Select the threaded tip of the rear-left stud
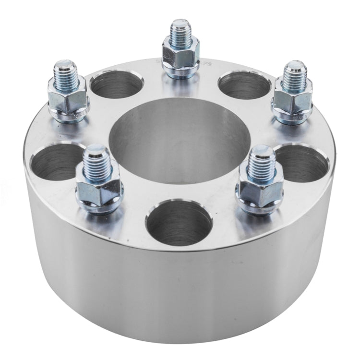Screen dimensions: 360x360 click(67, 73)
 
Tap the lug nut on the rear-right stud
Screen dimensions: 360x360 click(292, 101)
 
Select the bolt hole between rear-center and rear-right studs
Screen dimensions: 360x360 click(244, 85)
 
